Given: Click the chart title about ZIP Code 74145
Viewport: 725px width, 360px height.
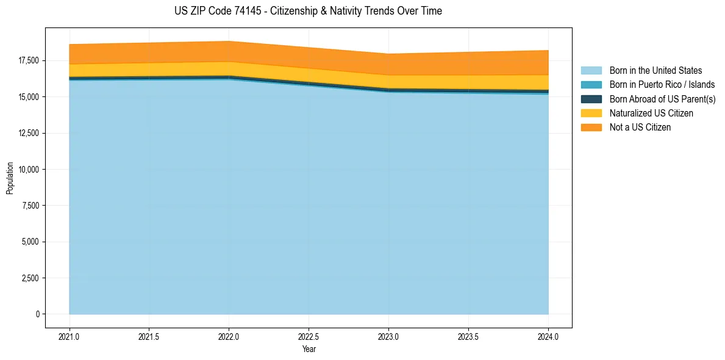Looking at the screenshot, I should coord(308,11).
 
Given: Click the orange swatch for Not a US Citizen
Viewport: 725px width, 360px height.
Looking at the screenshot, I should coord(591,128).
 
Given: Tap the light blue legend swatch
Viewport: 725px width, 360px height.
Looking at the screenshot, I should coord(591,71).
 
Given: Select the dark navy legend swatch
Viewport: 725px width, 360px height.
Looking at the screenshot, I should coord(591,99).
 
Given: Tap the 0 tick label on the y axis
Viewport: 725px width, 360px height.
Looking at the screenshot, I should coord(37,314).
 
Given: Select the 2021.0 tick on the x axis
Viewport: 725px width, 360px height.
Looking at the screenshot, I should coord(70,336).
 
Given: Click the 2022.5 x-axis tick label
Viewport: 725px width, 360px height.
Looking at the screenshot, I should coord(309,336).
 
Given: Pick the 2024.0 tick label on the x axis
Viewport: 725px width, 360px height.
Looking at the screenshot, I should coord(548,336).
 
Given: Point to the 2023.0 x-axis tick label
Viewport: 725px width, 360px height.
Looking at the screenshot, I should coord(388,336).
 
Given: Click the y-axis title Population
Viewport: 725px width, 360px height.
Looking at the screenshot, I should coord(10,178).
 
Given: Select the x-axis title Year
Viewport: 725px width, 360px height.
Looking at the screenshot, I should coord(309,350).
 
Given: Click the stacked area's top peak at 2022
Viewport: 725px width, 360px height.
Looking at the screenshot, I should coord(229,41).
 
